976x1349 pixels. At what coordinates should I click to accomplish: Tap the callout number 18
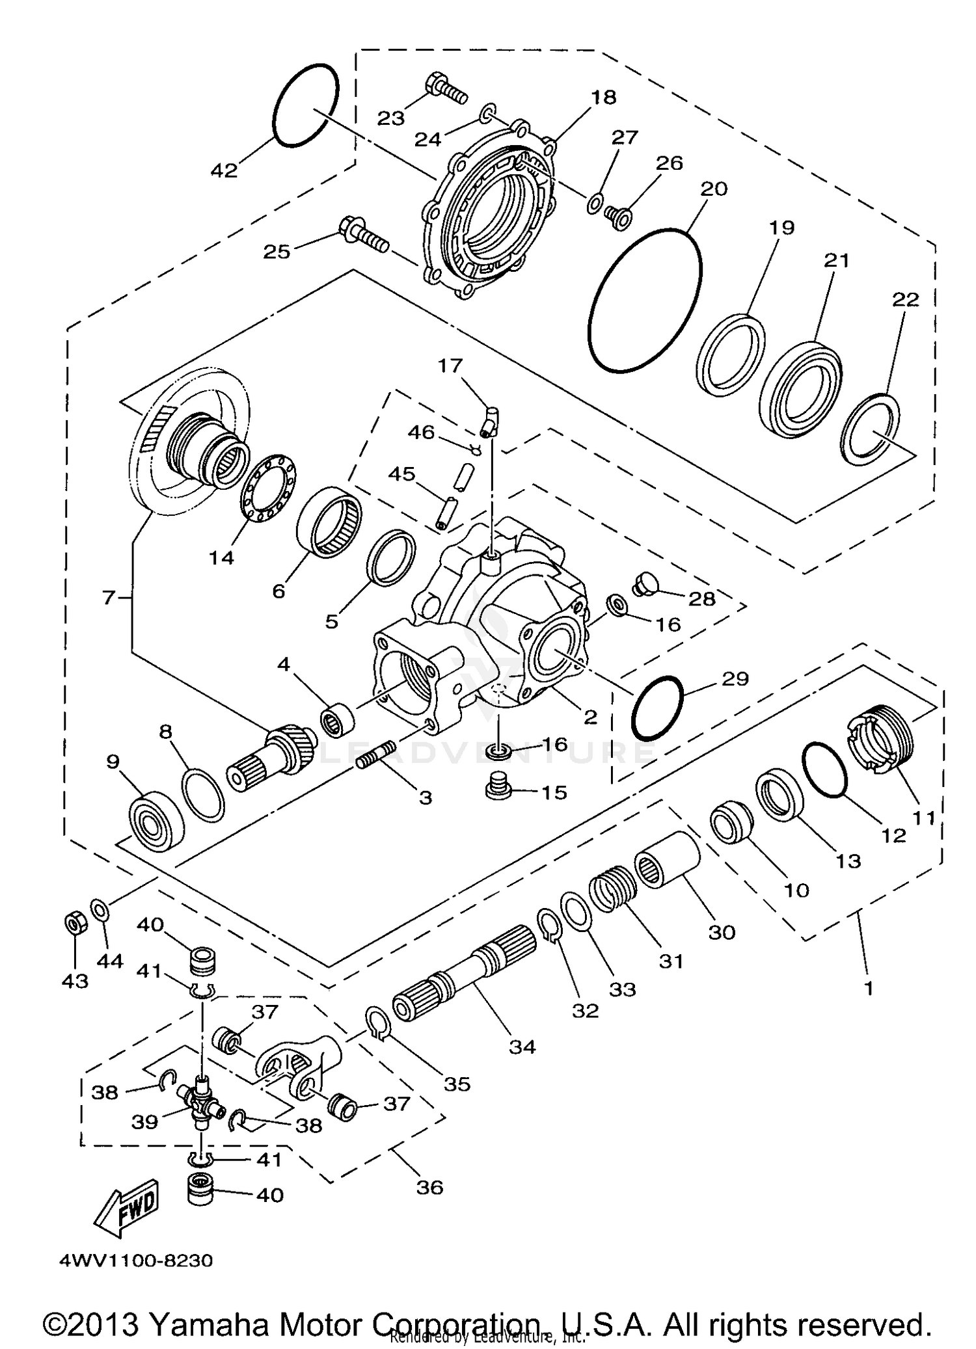point(603,98)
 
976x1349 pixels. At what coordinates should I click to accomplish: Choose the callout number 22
point(905,300)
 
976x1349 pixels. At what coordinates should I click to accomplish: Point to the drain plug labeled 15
point(500,788)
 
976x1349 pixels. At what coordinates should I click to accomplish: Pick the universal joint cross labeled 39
point(202,1101)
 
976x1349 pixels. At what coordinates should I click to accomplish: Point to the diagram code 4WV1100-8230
point(136,1261)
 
